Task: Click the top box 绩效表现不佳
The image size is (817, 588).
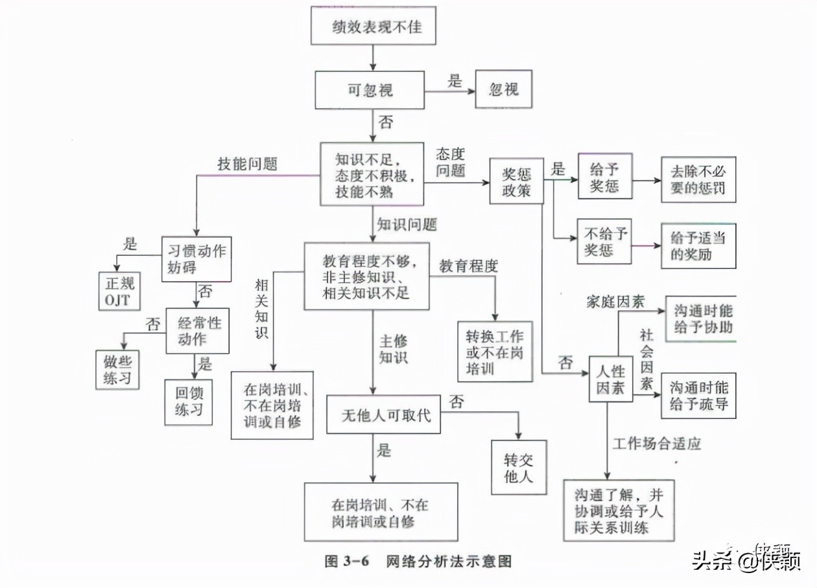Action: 373,27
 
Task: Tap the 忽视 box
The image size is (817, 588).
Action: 504,89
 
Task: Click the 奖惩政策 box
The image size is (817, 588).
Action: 517,181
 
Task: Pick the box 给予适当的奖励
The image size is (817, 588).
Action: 698,245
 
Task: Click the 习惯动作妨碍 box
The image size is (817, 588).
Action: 196,258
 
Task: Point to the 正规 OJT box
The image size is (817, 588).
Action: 117,291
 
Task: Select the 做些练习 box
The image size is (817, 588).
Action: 117,369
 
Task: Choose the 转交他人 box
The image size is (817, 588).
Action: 519,468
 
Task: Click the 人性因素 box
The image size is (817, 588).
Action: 610,379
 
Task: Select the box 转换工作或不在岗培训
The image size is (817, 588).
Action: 494,352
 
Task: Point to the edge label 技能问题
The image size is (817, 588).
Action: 247,164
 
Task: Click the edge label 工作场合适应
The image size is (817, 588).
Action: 657,444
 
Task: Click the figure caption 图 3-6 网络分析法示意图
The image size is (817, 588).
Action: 418,561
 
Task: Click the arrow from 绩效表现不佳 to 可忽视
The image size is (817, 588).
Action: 373,58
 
